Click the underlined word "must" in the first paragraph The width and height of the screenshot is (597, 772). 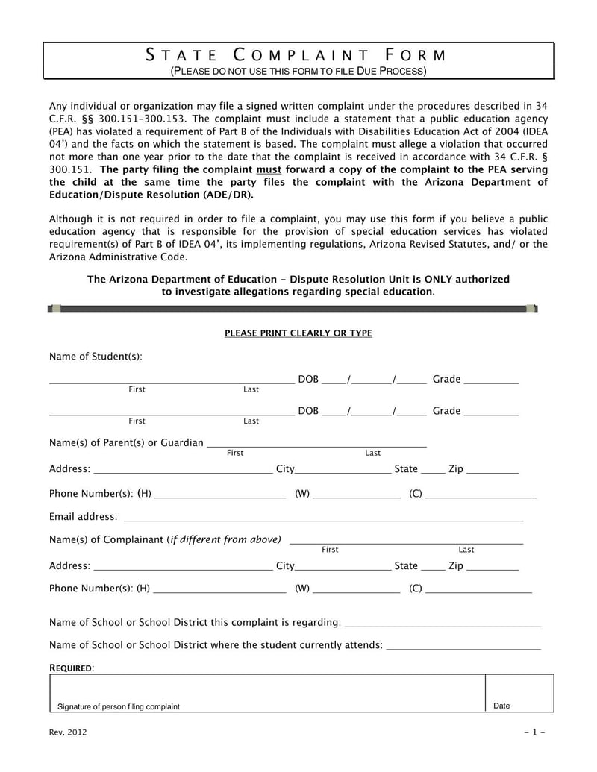[268, 169]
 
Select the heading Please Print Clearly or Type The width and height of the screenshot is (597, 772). [298, 333]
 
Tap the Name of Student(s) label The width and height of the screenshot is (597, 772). [95, 357]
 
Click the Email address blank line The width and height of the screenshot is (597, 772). [323, 517]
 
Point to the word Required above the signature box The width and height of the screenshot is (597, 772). [72, 666]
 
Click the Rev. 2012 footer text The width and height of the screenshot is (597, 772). [68, 732]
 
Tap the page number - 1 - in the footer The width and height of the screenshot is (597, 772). [535, 732]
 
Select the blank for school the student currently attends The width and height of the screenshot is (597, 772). [464, 646]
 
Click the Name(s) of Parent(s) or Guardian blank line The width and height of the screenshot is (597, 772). [316, 445]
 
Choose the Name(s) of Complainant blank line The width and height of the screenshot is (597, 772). [406, 542]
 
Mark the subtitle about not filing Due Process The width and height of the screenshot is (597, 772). [298, 72]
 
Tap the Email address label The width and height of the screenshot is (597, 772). [83, 517]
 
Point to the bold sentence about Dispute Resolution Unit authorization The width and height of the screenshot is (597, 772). [298, 286]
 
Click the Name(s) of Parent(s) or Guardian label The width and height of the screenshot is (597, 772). [126, 443]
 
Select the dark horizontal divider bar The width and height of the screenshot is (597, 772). [293, 307]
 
